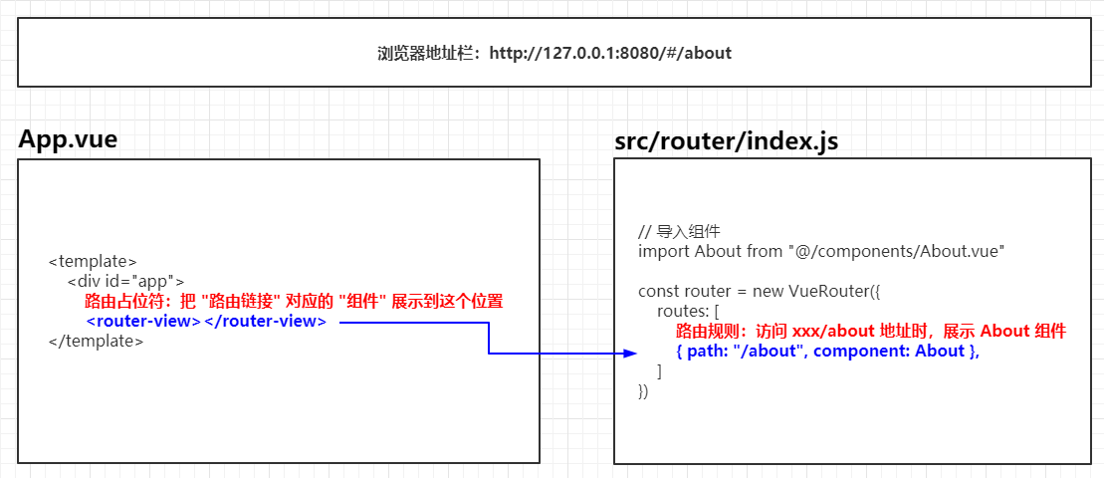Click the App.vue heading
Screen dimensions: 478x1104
click(68, 139)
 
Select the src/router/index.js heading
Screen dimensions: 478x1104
click(726, 141)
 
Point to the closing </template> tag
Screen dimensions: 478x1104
click(97, 341)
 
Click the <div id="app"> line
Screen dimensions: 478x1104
click(125, 281)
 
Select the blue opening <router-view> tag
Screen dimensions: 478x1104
click(143, 322)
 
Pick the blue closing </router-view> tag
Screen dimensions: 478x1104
click(265, 322)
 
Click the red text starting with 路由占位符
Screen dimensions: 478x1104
click(294, 302)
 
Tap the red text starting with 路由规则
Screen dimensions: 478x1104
click(871, 331)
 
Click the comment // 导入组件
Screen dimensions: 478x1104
click(678, 231)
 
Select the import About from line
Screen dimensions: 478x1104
click(821, 251)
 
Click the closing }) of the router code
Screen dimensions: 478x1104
click(643, 391)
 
